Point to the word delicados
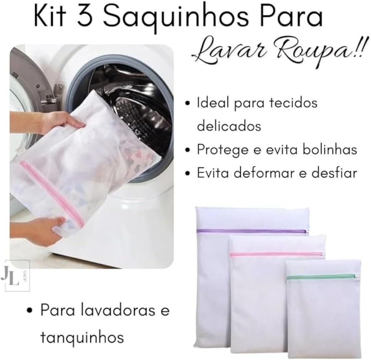pos(229,126)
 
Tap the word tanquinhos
pos(82,337)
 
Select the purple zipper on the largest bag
pos(252,231)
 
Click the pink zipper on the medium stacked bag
pos(276,254)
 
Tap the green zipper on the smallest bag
pos(321,277)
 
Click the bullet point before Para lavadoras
pos(30,310)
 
